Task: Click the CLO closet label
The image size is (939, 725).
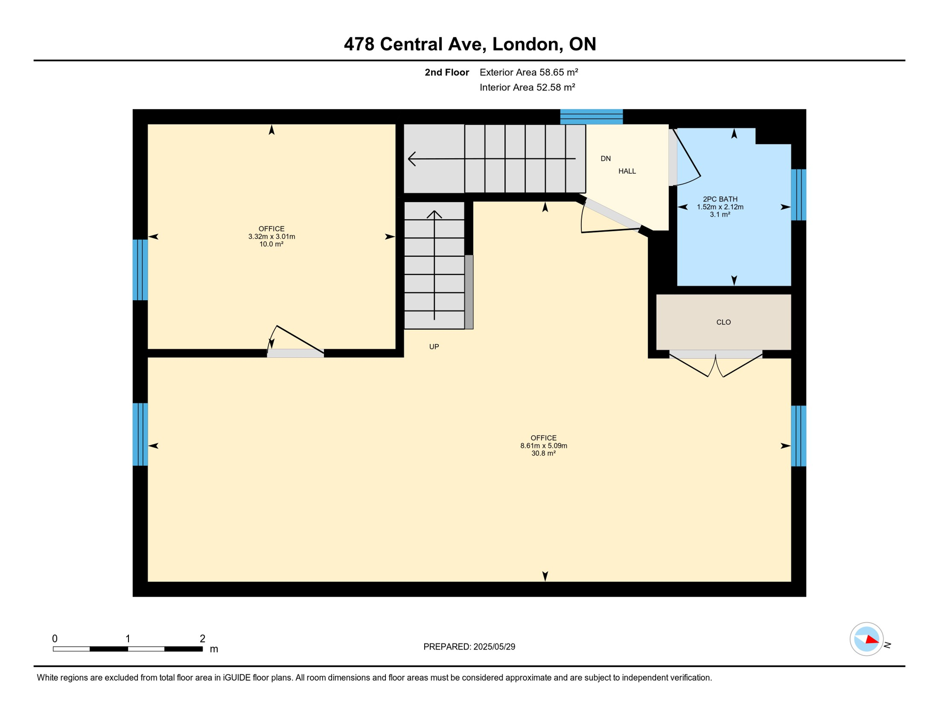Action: tap(723, 322)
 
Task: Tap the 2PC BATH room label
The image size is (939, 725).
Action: tap(720, 199)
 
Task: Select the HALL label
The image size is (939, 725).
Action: tap(627, 171)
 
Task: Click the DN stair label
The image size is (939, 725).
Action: tap(606, 159)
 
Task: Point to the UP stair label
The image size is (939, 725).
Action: tap(434, 347)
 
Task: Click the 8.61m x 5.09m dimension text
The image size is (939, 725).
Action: tap(544, 446)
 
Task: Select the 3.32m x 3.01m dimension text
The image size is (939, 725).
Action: tap(272, 236)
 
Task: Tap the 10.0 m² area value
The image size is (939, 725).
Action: tap(271, 244)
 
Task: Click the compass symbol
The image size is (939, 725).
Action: tap(867, 639)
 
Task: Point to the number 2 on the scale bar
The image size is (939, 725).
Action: tap(202, 639)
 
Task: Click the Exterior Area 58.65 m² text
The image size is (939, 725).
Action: tap(529, 72)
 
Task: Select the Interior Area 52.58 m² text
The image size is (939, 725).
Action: tap(527, 87)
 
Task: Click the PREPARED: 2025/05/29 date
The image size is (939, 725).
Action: tap(469, 647)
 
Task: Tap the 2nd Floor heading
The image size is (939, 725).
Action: tap(446, 72)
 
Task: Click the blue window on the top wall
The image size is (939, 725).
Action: tap(591, 116)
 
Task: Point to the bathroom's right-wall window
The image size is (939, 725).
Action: tap(798, 194)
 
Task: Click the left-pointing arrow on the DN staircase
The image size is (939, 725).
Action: tap(413, 159)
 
